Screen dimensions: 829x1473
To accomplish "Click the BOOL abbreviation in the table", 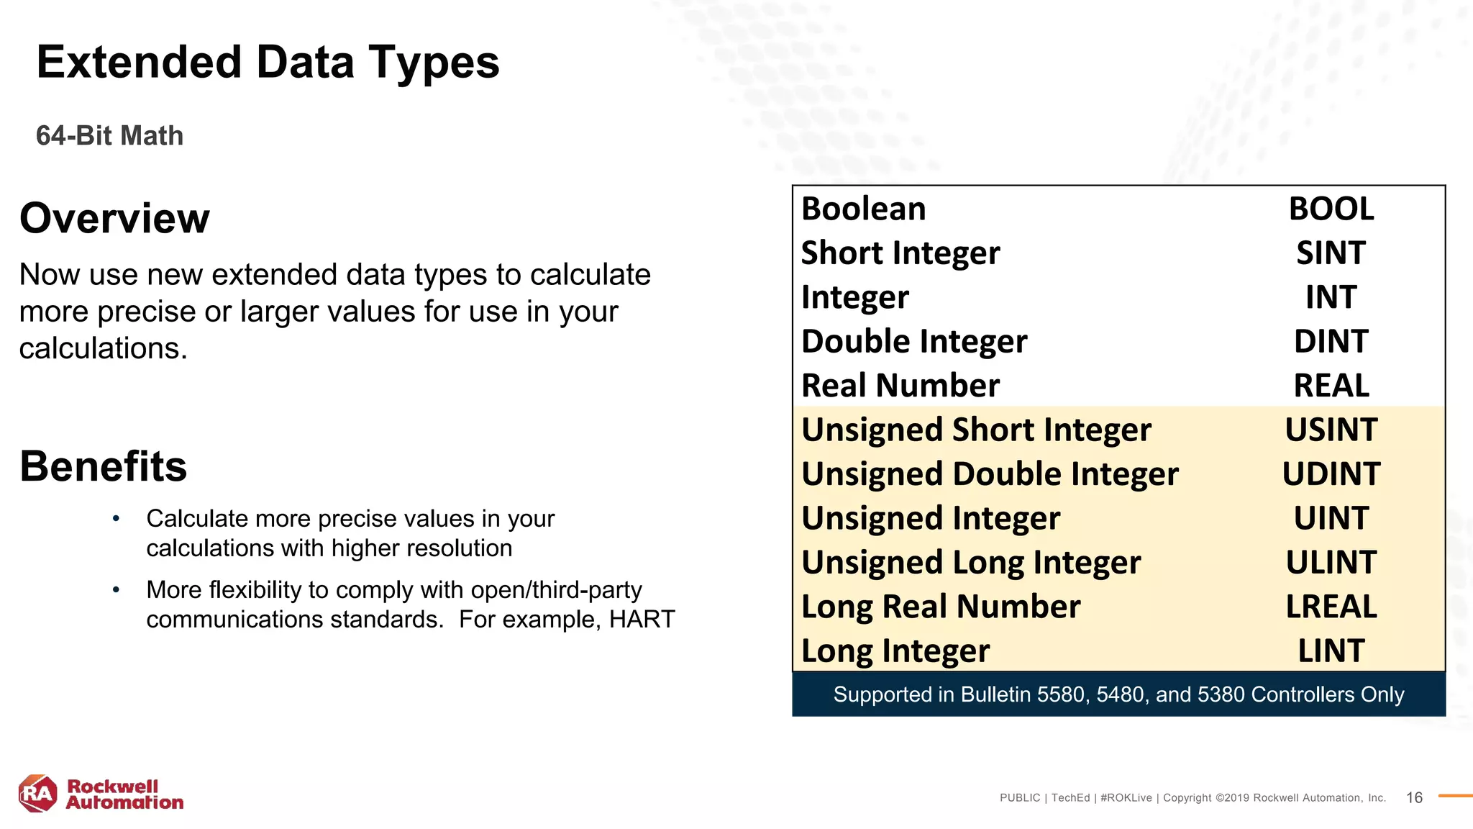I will pyautogui.click(x=1331, y=209).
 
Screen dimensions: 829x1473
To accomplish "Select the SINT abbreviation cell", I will pyautogui.click(x=1331, y=253).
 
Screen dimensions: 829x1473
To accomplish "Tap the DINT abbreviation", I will pyautogui.click(x=1331, y=342).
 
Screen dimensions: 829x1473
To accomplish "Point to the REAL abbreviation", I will pyautogui.click(x=1331, y=386).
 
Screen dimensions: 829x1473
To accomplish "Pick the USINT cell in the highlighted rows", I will pyautogui.click(x=1331, y=430).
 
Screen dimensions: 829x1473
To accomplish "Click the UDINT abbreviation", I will pyautogui.click(x=1331, y=474).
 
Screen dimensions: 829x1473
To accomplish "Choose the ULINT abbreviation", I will pyautogui.click(x=1331, y=563).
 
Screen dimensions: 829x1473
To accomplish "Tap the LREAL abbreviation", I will pyautogui.click(x=1331, y=607).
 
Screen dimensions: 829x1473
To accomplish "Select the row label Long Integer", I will pyautogui.click(x=895, y=651).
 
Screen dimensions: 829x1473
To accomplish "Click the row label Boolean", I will pyautogui.click(x=864, y=209).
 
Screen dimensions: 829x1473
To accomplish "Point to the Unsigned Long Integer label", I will pyautogui.click(x=971, y=563).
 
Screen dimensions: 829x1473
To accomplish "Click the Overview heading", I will pyautogui.click(x=114, y=218).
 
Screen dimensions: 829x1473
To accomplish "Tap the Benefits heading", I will pyautogui.click(x=104, y=466).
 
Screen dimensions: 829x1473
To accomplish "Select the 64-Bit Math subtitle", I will pyautogui.click(x=110, y=136).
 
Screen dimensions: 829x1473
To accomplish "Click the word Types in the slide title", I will pyautogui.click(x=434, y=63).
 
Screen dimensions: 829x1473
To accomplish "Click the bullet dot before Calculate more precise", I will pyautogui.click(x=116, y=519).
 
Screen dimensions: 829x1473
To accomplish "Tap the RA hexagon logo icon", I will pyautogui.click(x=37, y=794).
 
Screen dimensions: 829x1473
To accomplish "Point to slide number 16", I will pyautogui.click(x=1414, y=797).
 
